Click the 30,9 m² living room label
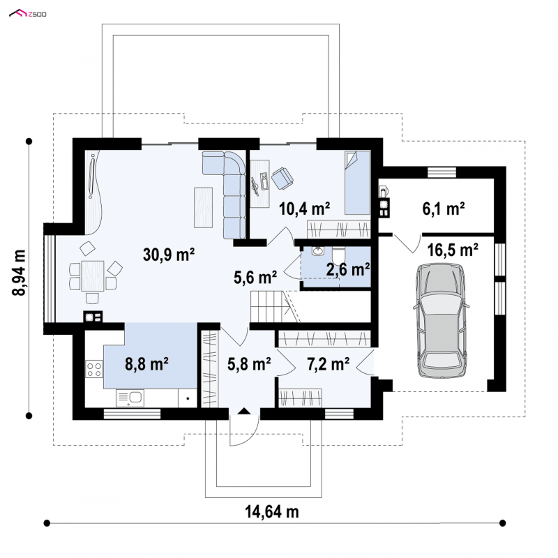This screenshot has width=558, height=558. (x=169, y=255)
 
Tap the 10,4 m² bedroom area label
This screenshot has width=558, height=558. (x=304, y=209)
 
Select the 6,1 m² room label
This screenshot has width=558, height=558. (x=444, y=209)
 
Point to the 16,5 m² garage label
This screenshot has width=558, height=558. (x=453, y=250)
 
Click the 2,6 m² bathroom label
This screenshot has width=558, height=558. (x=347, y=269)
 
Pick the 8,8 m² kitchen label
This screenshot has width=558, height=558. (x=146, y=364)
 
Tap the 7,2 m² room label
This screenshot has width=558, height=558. (x=328, y=364)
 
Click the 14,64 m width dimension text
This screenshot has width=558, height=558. (x=272, y=512)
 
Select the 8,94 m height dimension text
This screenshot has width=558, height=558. (x=19, y=273)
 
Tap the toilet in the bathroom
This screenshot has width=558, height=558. (x=338, y=255)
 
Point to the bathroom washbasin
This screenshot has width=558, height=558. (x=317, y=251)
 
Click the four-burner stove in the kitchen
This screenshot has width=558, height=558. (x=94, y=369)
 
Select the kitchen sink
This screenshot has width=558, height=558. (x=130, y=398)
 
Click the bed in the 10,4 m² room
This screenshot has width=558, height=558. (x=357, y=183)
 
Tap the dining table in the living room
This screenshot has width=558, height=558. (x=93, y=276)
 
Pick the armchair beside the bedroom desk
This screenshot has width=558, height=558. (x=282, y=177)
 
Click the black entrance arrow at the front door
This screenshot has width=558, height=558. (x=244, y=411)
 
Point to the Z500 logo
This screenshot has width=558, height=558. (x=28, y=14)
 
